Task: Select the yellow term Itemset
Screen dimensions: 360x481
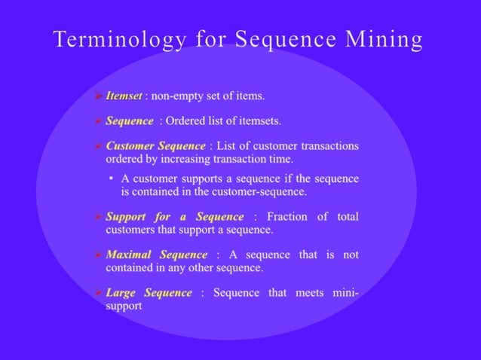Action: (123, 96)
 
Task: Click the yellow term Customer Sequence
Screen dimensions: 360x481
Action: (155, 146)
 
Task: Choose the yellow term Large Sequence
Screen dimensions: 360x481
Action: (149, 292)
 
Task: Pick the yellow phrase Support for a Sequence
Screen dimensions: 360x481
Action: (175, 217)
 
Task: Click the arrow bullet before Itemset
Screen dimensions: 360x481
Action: (99, 96)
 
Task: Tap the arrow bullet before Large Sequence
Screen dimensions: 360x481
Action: (99, 293)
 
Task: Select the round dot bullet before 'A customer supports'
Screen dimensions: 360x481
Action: (111, 179)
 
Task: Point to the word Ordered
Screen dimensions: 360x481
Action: (185, 121)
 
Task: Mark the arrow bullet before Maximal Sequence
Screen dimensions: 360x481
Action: (99, 255)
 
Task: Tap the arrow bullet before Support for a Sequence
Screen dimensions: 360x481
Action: (99, 218)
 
